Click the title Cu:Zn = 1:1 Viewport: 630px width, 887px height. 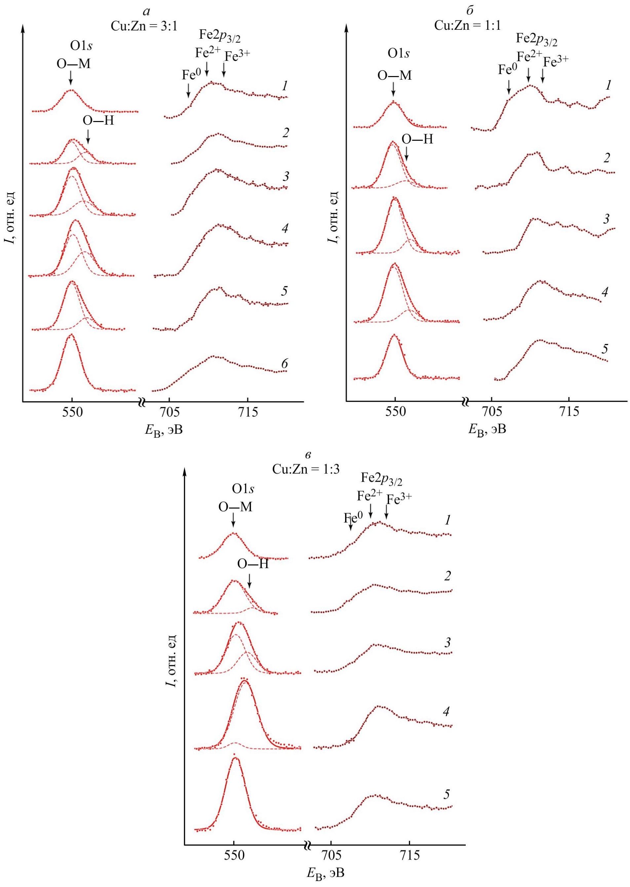(x=467, y=25)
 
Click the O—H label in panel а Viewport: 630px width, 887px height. (x=98, y=121)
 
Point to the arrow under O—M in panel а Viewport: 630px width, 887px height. (x=70, y=78)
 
